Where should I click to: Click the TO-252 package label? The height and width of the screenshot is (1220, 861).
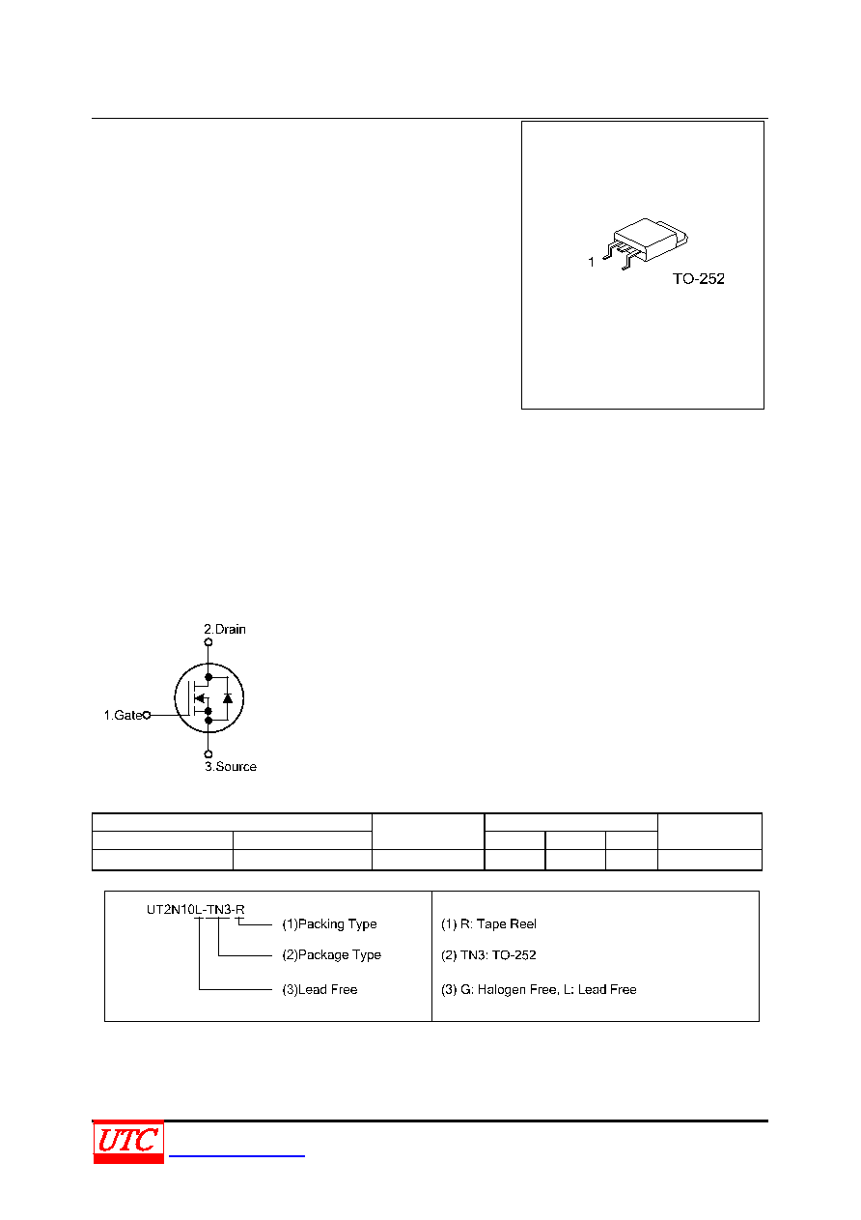click(698, 279)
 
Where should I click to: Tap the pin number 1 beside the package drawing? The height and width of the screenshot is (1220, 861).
click(591, 262)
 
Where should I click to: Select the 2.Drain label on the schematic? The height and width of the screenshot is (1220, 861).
click(225, 629)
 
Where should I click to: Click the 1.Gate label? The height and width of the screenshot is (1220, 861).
click(123, 715)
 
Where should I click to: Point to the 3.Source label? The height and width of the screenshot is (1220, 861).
click(231, 766)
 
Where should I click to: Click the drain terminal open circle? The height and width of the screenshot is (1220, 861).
click(208, 642)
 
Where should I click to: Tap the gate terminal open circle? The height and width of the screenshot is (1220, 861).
click(147, 715)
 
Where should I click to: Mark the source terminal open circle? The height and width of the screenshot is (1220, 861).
click(208, 754)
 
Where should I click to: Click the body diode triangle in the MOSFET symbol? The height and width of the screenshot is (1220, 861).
click(228, 697)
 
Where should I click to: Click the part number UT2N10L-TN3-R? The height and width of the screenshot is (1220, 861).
click(195, 910)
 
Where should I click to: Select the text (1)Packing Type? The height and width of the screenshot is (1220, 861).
click(329, 923)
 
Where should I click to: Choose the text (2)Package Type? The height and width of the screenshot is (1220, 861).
click(331, 954)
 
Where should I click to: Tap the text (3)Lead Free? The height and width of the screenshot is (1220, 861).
click(319, 989)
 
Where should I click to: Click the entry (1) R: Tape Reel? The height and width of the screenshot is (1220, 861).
click(488, 923)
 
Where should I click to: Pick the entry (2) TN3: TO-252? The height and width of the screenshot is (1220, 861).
click(488, 954)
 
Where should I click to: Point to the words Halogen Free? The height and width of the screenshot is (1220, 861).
click(517, 989)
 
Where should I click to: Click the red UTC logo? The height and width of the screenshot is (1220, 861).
click(128, 1142)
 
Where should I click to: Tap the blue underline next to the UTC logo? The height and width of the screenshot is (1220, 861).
click(236, 1155)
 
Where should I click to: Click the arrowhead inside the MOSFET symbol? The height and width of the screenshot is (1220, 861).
click(200, 697)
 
